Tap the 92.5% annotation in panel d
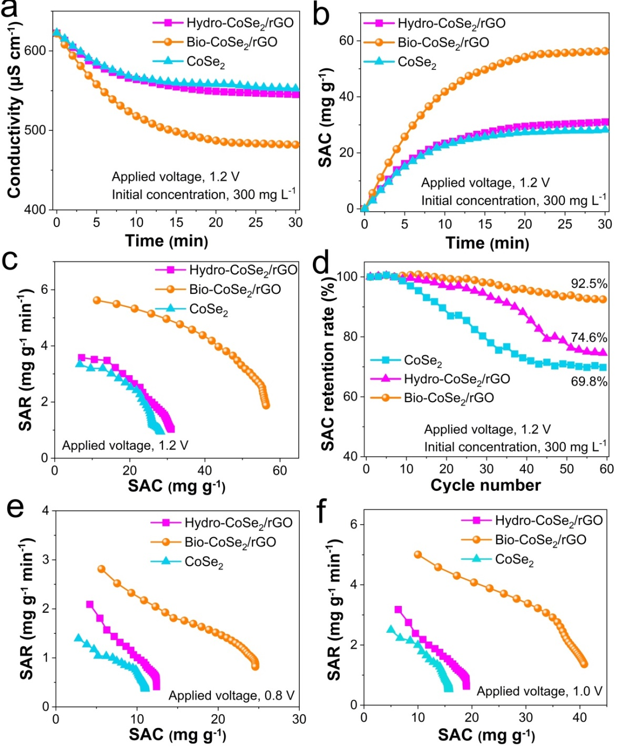[x=589, y=284]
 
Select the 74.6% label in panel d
[x=589, y=337]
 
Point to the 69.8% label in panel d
[x=589, y=381]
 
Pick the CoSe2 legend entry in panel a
[x=206, y=61]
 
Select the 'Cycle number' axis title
[x=485, y=485]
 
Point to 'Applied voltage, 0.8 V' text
[x=231, y=695]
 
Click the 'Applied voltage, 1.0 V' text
[x=539, y=691]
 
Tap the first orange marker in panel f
[x=418, y=555]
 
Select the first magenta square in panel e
[x=90, y=604]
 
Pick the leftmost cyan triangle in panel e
[x=78, y=638]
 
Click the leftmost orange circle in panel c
[x=97, y=300]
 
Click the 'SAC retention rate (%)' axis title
[x=328, y=363]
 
